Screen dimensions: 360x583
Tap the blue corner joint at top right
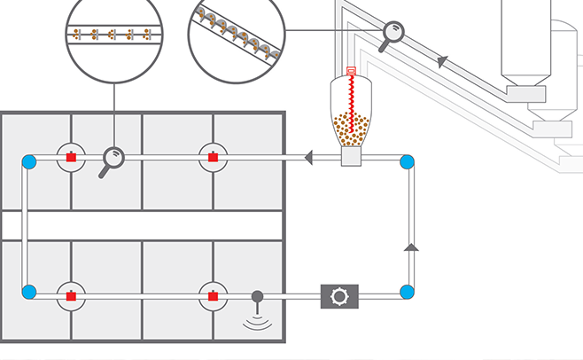pyautogui.click(x=408, y=161)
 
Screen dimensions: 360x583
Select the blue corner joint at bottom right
pyautogui.click(x=408, y=292)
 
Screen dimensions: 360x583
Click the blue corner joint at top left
pyautogui.click(x=28, y=161)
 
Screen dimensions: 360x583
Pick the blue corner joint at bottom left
pyautogui.click(x=28, y=292)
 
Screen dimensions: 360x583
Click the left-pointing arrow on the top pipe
pyautogui.click(x=310, y=159)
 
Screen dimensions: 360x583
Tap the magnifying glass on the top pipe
pyautogui.click(x=112, y=159)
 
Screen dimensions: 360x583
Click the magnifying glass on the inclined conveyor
pyautogui.click(x=391, y=33)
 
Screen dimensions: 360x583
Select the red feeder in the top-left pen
pyautogui.click(x=70, y=158)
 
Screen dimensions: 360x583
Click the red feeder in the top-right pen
pyautogui.click(x=213, y=158)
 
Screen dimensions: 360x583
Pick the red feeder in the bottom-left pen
pyautogui.click(x=70, y=295)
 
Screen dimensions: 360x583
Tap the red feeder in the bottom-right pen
pyautogui.click(x=213, y=295)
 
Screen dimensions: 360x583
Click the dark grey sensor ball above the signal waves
pyautogui.click(x=258, y=296)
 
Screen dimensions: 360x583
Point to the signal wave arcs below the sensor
pyautogui.click(x=258, y=322)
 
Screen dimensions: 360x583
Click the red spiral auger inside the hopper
pyautogui.click(x=352, y=98)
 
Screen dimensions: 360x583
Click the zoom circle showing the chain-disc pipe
pyautogui.click(x=114, y=35)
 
